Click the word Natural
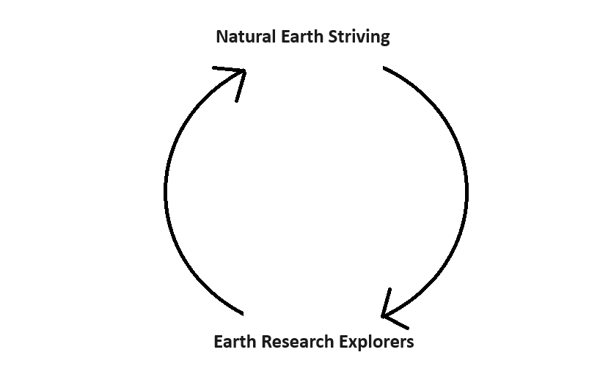246,37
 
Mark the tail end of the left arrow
241,313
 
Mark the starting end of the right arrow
384,67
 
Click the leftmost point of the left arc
166,192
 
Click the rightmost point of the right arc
467,192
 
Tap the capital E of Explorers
346,342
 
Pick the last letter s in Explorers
409,343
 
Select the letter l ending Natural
276,37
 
